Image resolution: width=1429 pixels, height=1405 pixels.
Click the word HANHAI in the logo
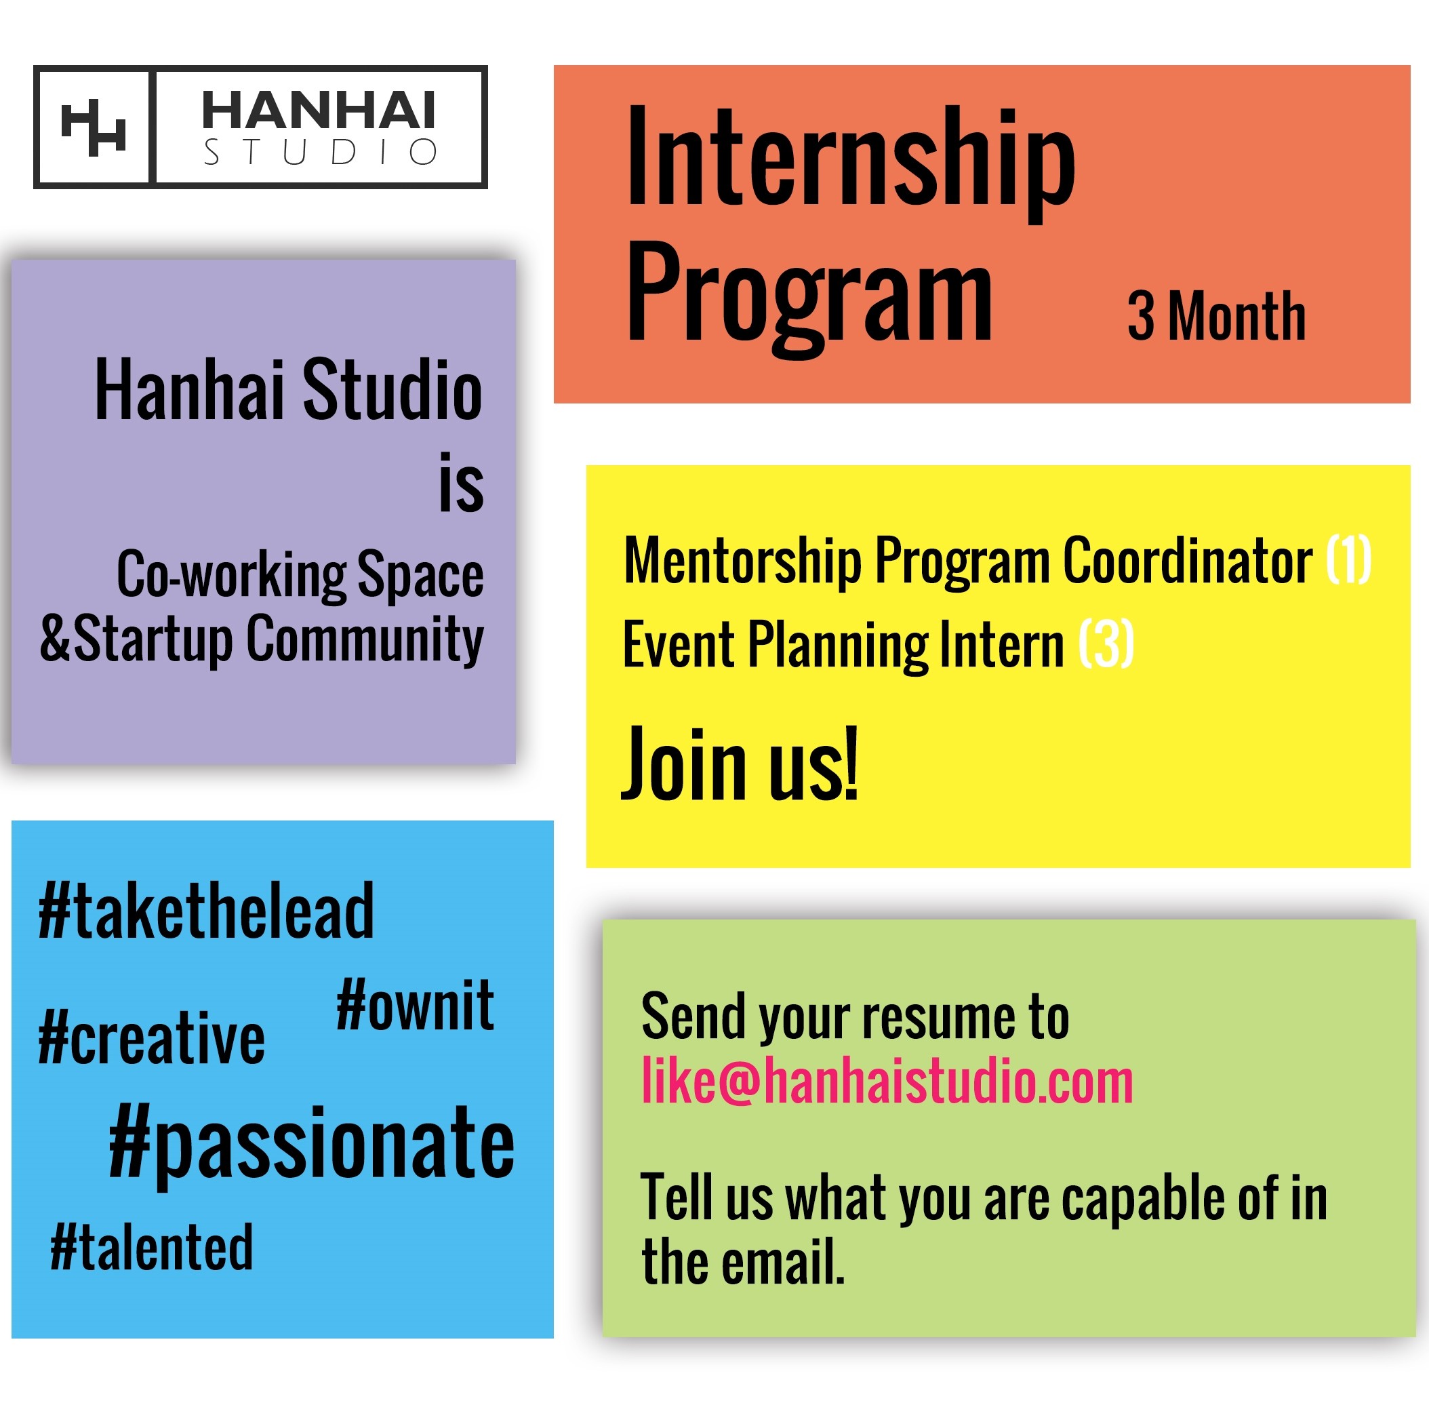pos(319,110)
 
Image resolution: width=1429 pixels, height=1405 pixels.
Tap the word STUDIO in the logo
pos(320,152)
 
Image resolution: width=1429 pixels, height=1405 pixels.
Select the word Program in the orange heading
pos(809,299)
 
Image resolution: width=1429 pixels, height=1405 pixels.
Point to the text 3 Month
pos(1215,316)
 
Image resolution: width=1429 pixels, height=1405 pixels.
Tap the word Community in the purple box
pos(365,640)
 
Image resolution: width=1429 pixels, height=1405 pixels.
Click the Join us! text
pos(740,764)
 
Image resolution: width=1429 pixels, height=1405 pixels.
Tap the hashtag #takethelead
pos(206,911)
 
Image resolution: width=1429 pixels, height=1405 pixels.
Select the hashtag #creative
pos(151,1038)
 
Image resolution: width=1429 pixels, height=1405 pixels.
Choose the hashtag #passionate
pos(311,1144)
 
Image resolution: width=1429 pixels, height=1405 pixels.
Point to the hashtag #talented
pos(151,1246)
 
